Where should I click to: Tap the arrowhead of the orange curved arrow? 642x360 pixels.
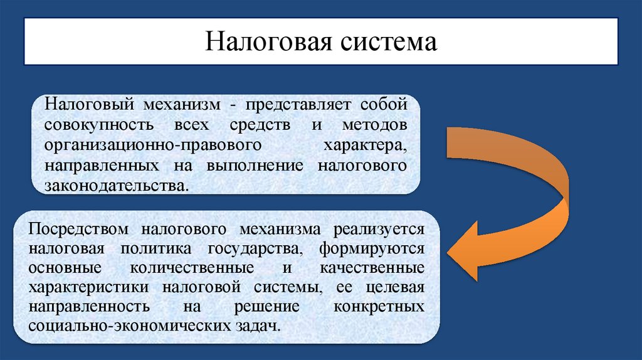click(x=467, y=254)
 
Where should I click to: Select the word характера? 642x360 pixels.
click(x=364, y=146)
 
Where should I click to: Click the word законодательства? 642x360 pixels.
click(x=115, y=186)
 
